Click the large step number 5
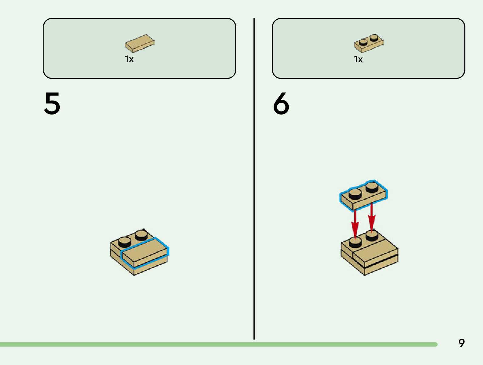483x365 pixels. click(52, 104)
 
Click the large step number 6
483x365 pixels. click(281, 104)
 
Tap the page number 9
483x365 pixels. click(461, 343)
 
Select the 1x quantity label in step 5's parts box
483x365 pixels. click(129, 59)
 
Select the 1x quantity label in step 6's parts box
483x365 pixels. click(358, 59)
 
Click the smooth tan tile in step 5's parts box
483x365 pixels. click(139, 43)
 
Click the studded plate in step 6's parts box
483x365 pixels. click(368, 43)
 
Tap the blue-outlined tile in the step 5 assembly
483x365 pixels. click(144, 251)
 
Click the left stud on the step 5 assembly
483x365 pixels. click(125, 241)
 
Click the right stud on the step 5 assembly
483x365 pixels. click(141, 234)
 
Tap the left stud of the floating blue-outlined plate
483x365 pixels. click(355, 193)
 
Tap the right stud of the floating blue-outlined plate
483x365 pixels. click(372, 186)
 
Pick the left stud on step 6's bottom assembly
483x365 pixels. click(355, 242)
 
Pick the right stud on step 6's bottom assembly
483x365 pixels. click(372, 235)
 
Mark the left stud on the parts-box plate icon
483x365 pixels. click(363, 42)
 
